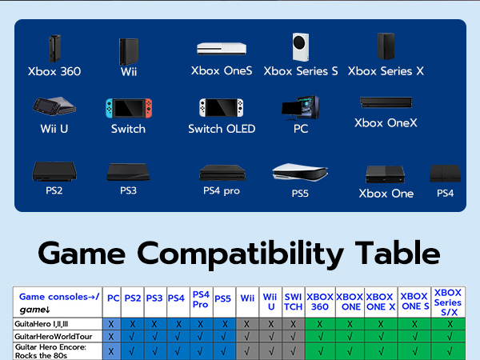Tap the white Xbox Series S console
click(x=300, y=47)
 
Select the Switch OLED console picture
click(x=214, y=108)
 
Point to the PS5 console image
click(x=298, y=172)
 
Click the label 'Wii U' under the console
click(x=54, y=129)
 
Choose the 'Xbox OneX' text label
click(x=386, y=123)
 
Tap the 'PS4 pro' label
click(x=221, y=191)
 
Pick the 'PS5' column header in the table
click(x=222, y=299)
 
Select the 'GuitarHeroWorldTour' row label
click(x=53, y=337)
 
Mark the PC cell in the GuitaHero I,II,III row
click(x=113, y=324)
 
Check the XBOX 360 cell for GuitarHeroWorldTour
click(x=319, y=337)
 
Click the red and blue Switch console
click(x=127, y=108)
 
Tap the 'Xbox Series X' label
click(x=386, y=71)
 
